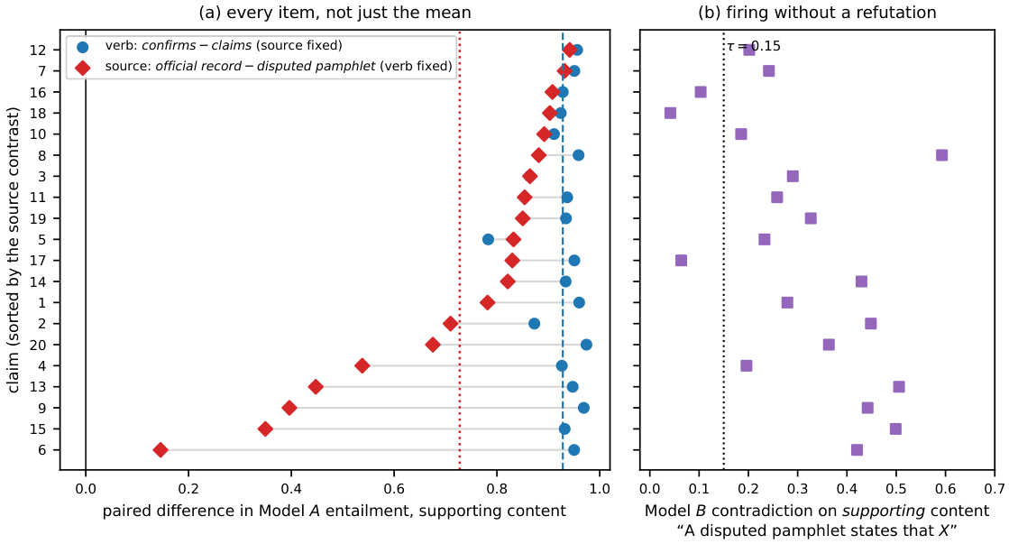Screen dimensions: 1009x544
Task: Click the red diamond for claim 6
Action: (161, 450)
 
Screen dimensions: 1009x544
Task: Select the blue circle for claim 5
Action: (488, 239)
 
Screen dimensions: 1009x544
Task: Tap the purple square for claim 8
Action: (941, 155)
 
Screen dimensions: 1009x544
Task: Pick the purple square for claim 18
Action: (670, 114)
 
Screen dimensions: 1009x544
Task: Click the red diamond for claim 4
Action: (362, 365)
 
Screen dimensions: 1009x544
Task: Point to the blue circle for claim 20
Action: (586, 345)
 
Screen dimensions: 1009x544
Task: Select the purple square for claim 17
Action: (681, 260)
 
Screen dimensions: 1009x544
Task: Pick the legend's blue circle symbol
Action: (82, 47)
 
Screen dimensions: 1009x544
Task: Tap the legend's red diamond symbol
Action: (82, 67)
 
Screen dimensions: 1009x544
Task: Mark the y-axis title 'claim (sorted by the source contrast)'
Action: (14, 250)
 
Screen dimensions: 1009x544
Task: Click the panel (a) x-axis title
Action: (335, 512)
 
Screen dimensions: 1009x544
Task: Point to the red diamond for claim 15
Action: (264, 429)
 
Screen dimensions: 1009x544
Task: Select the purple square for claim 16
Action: (701, 92)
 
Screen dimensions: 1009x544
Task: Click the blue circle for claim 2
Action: (534, 323)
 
